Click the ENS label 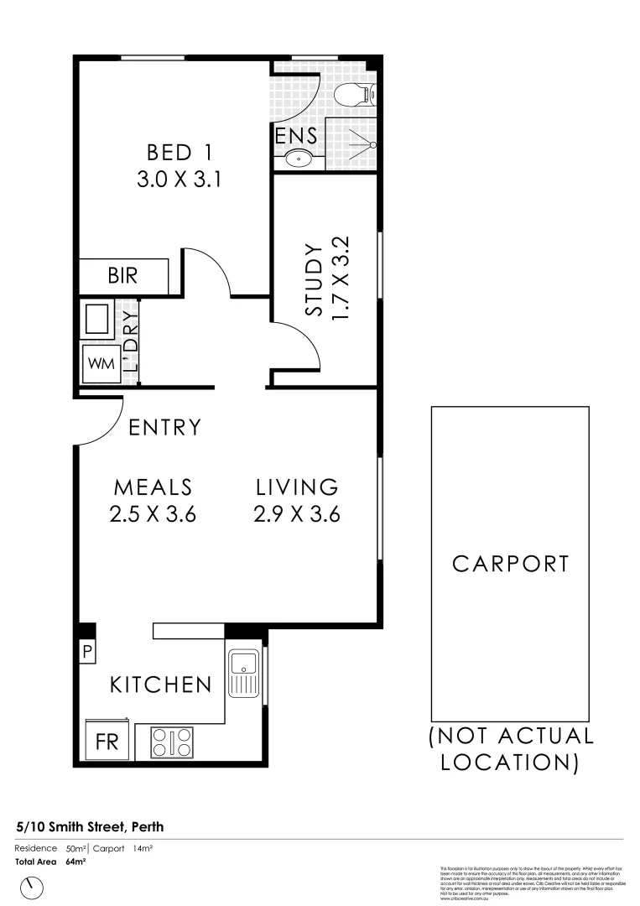click(x=296, y=135)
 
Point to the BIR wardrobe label click(x=122, y=275)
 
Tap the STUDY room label click(x=314, y=280)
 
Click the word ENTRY click(x=165, y=427)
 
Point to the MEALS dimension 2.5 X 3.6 click(x=153, y=514)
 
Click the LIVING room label click(x=297, y=487)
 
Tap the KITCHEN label click(x=161, y=685)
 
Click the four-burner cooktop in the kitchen click(x=171, y=742)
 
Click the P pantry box click(x=86, y=650)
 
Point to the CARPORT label click(x=510, y=563)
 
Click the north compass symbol click(x=34, y=886)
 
